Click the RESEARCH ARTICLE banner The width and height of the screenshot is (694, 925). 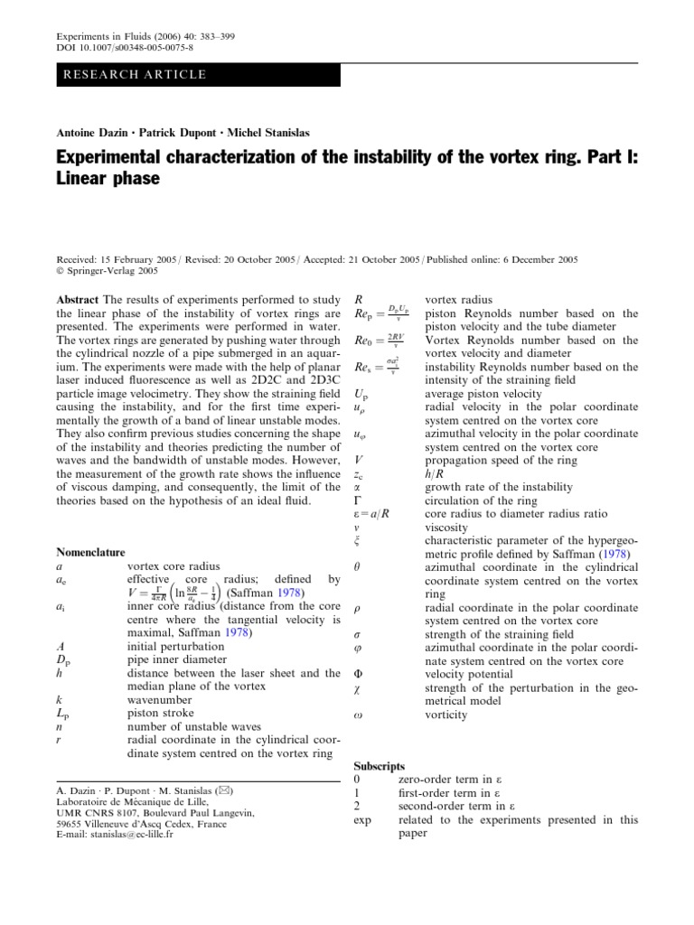pos(135,74)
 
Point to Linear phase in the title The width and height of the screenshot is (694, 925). pos(108,180)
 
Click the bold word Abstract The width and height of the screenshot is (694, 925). pos(78,299)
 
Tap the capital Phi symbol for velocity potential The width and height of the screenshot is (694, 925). pos(359,675)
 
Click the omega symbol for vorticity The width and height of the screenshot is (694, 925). pos(358,715)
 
